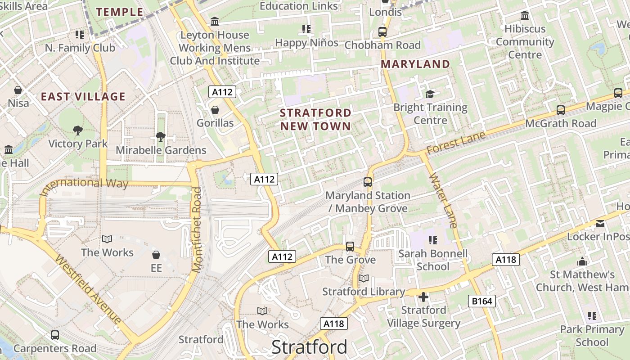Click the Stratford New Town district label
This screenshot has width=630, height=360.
(315, 119)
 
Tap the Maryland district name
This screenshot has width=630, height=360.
(415, 64)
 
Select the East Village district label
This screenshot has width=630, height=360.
(83, 96)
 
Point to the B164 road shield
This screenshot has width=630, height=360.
(481, 301)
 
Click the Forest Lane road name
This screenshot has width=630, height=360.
(456, 143)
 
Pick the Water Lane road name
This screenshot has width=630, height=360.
(443, 200)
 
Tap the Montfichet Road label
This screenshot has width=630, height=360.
(197, 229)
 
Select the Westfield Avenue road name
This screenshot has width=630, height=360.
(88, 289)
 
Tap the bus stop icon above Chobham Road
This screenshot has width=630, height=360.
(382, 32)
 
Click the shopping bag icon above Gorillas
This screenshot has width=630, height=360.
(215, 110)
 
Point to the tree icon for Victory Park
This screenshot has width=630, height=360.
(78, 130)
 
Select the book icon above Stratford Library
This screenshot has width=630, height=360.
(363, 279)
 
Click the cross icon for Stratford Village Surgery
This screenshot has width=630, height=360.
(423, 297)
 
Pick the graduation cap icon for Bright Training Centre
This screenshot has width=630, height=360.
(430, 94)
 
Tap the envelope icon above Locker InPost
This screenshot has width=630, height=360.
(600, 224)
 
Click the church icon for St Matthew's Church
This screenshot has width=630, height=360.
(582, 261)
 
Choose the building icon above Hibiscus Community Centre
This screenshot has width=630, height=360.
(525, 16)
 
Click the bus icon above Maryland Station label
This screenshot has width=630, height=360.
(368, 182)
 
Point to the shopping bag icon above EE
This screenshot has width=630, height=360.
(156, 255)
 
